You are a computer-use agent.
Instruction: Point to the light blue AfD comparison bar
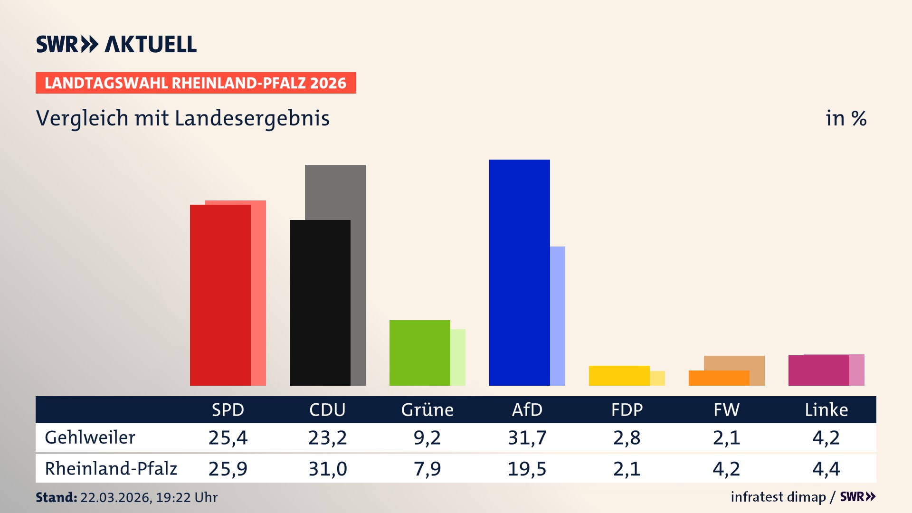click(x=558, y=316)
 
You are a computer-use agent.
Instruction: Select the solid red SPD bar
click(x=220, y=295)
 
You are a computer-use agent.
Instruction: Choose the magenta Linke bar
click(x=818, y=370)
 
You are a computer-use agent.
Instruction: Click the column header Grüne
click(x=427, y=410)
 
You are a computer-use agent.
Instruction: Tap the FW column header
click(x=726, y=410)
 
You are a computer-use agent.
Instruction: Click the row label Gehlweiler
click(x=90, y=437)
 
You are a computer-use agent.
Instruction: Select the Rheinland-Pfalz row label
click(x=111, y=469)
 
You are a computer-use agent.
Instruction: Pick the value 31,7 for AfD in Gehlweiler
click(x=527, y=437)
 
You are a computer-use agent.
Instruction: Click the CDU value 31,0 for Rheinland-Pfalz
click(x=328, y=469)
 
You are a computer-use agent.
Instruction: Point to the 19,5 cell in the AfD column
click(x=527, y=469)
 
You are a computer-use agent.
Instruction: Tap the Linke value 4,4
click(x=826, y=469)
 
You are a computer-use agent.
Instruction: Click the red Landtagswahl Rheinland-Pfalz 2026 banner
click(x=196, y=83)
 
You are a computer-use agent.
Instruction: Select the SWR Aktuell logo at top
click(x=116, y=44)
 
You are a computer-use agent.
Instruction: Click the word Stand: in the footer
click(x=56, y=497)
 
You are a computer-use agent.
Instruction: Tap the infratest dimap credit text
click(x=778, y=497)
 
